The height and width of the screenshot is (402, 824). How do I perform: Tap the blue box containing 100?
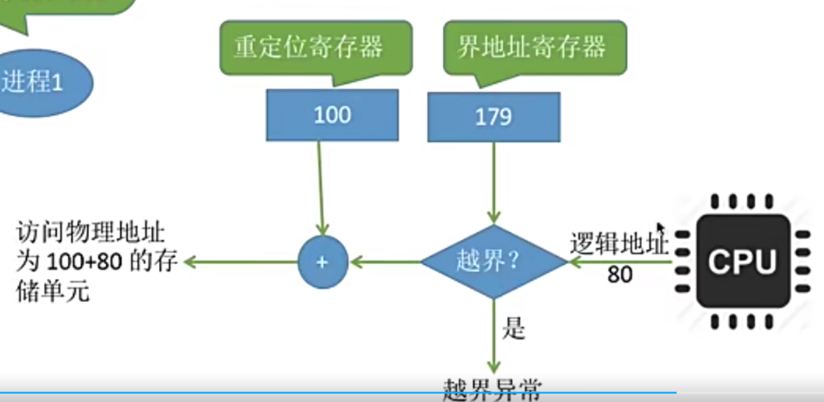(x=332, y=115)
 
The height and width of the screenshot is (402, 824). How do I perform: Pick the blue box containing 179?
(x=493, y=116)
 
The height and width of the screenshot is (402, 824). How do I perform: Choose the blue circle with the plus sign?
(x=322, y=262)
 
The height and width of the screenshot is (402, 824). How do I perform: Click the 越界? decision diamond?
(x=493, y=262)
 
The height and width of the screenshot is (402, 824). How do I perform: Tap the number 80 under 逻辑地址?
(x=619, y=275)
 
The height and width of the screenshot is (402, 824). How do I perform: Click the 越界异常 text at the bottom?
(x=493, y=389)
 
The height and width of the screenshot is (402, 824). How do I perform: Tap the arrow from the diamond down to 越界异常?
(x=494, y=336)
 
